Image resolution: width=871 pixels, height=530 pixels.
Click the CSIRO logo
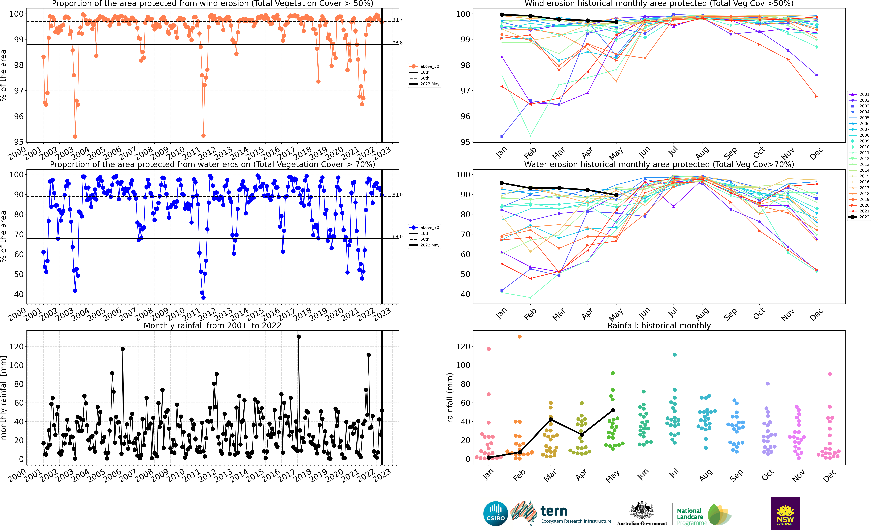(x=495, y=513)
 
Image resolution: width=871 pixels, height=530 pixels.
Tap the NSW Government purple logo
(x=785, y=513)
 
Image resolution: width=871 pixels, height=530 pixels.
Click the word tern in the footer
(x=554, y=511)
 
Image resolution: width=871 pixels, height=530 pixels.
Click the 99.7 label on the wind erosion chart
(x=397, y=20)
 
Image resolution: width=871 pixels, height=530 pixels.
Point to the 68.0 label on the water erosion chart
(x=397, y=236)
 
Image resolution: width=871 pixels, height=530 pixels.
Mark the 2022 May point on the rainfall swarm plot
(x=613, y=410)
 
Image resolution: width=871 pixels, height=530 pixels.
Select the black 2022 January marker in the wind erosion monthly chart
(x=502, y=14)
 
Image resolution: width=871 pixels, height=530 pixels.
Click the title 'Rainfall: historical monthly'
(x=659, y=325)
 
